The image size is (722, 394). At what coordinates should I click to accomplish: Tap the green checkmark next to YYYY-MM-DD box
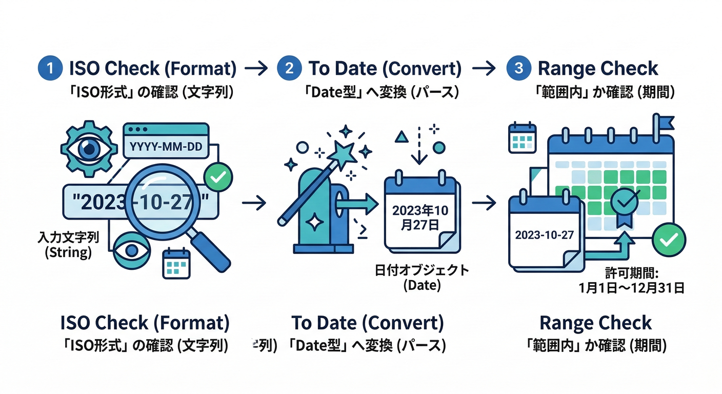[x=218, y=178]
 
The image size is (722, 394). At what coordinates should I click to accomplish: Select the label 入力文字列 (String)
[x=68, y=245]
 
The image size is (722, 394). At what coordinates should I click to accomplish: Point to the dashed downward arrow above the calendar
[x=419, y=146]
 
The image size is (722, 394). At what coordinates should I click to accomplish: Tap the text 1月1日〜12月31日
[x=631, y=288]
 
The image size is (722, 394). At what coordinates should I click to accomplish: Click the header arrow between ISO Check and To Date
[x=255, y=69]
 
